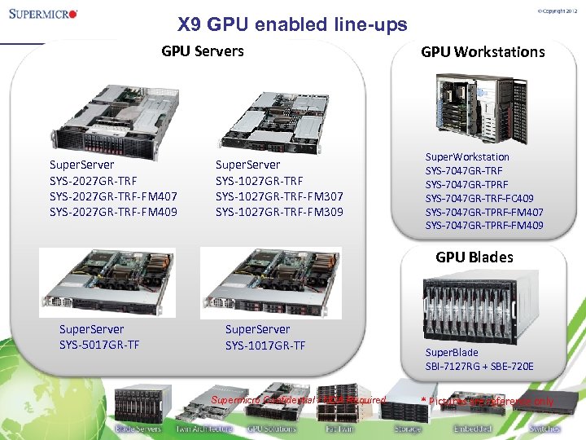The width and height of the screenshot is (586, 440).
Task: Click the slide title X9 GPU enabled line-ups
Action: [292, 25]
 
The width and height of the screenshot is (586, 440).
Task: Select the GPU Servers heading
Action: [203, 51]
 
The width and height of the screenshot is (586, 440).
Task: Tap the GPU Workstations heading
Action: [483, 52]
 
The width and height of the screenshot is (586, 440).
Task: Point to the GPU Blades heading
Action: [474, 257]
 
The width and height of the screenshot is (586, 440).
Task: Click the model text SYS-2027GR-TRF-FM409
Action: [113, 212]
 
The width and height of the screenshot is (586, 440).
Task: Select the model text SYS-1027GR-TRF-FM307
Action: [279, 196]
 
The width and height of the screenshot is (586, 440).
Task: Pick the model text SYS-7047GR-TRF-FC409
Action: [480, 198]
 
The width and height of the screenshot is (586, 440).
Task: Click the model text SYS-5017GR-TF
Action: [99, 345]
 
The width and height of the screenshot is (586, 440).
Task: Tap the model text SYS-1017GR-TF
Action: [265, 345]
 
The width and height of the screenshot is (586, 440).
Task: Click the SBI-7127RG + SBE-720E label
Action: [479, 366]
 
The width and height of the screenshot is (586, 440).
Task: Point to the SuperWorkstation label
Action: [467, 156]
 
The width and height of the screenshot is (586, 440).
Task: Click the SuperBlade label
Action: [452, 353]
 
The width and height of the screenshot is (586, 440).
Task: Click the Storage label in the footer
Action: [407, 428]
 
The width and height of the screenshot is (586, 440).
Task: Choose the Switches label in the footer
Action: [544, 428]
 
